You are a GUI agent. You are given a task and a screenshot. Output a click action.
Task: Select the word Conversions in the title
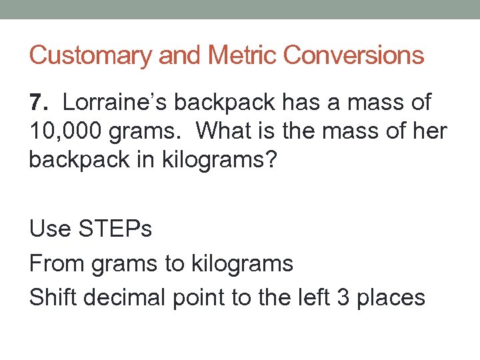pyautogui.click(x=353, y=55)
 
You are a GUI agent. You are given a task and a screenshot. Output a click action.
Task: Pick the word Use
pyautogui.click(x=49, y=229)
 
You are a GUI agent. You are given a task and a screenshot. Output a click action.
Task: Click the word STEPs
pyautogui.click(x=116, y=229)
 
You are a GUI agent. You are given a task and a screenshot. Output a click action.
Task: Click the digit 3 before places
pyautogui.click(x=342, y=297)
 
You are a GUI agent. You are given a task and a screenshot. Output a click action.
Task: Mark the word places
pyautogui.click(x=390, y=297)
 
